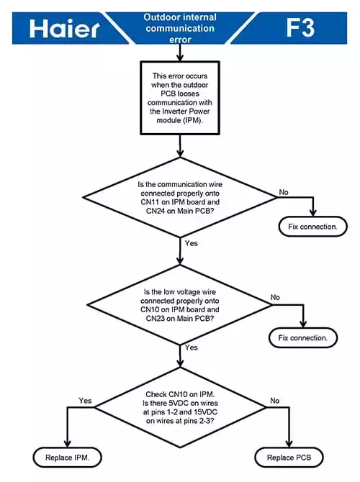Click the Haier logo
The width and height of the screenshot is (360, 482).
[x=64, y=29]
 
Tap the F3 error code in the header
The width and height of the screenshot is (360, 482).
[x=300, y=27]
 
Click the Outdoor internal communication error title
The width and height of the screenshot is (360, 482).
[x=180, y=28]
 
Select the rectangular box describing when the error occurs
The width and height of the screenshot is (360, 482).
[x=180, y=98]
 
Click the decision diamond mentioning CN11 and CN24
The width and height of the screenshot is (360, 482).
[x=180, y=197]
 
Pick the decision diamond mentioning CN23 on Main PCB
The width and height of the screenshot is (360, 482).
[x=180, y=305]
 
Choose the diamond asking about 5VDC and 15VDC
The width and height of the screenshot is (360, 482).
[x=180, y=407]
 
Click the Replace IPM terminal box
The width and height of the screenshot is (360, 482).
[x=68, y=458]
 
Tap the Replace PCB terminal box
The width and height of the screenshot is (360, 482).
[x=289, y=458]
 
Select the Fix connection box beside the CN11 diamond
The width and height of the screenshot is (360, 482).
[x=313, y=227]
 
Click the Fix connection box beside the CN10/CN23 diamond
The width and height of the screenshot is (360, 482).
[x=303, y=337]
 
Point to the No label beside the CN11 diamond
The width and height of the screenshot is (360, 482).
[x=284, y=192]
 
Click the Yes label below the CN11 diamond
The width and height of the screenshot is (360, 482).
[x=191, y=243]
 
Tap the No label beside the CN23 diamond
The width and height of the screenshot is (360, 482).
[x=275, y=297]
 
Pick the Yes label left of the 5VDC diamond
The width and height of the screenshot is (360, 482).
[x=85, y=401]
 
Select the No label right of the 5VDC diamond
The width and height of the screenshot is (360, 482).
[x=275, y=401]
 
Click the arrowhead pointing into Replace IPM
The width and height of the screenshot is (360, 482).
[x=68, y=444]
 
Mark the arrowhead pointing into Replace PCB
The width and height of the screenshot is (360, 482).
[x=289, y=444]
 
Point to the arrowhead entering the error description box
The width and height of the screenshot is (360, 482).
[x=180, y=58]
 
